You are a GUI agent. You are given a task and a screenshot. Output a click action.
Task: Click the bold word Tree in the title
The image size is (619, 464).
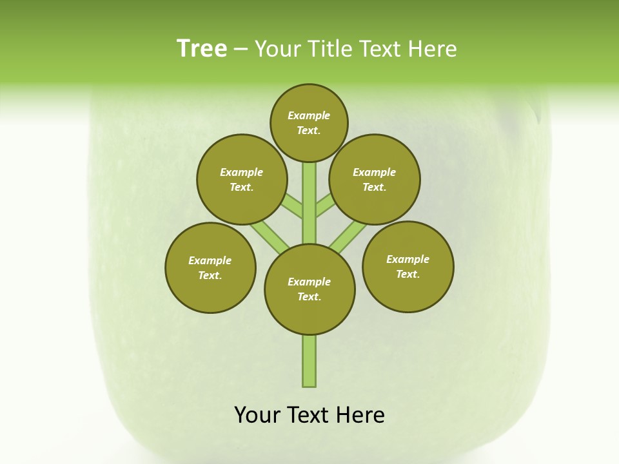[202, 49]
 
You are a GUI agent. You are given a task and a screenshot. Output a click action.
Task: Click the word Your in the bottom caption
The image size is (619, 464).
[258, 415]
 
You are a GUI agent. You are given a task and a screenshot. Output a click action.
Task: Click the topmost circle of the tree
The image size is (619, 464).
[309, 122]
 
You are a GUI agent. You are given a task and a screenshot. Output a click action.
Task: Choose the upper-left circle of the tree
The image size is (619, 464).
[242, 179]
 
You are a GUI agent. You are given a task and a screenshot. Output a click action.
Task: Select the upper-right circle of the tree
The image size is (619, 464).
[375, 179]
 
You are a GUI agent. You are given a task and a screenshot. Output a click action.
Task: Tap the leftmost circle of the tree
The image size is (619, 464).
[210, 267]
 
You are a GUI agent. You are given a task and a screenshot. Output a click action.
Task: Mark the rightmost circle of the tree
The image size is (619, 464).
[408, 266]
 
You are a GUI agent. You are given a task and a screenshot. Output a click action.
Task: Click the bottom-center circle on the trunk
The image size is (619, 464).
[309, 289]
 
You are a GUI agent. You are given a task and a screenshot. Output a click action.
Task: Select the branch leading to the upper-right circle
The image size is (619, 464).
[326, 207]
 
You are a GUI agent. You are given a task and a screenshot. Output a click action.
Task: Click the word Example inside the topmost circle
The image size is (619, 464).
[309, 115]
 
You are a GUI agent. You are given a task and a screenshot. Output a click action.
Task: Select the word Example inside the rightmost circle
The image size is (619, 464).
[408, 259]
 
